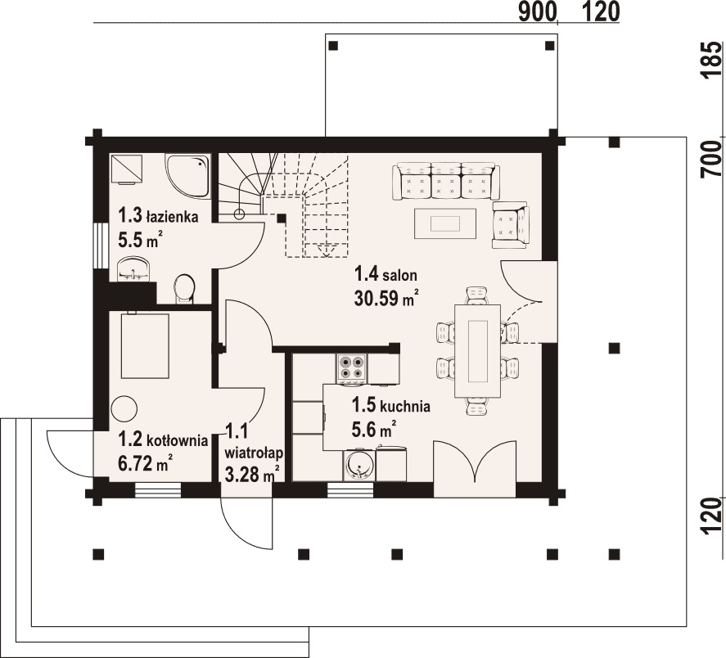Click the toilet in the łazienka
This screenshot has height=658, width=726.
185,290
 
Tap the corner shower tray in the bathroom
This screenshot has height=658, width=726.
188,177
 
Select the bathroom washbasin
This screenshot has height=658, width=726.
133,270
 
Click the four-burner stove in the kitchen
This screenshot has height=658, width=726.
351,367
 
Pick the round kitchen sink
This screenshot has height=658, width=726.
358,465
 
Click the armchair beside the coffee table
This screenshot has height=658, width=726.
511,224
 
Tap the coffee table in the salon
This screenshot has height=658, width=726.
445,223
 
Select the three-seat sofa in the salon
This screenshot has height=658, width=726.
446,181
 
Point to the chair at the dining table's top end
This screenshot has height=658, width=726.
477,295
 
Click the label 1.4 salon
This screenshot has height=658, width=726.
386,275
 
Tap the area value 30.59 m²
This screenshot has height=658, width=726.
387,298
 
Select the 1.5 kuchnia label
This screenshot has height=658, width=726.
390,406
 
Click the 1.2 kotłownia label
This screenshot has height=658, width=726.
163,439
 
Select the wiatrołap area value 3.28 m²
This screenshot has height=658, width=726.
252,474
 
